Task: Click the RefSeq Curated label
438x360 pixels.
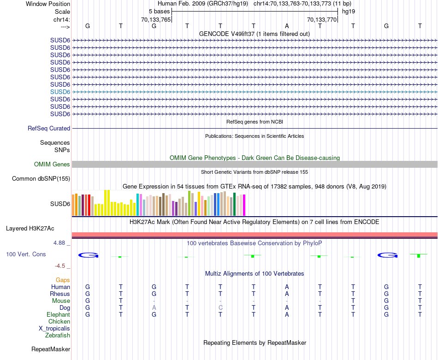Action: (49, 129)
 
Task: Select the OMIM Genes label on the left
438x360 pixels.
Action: (52, 165)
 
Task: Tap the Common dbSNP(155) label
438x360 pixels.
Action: (41, 179)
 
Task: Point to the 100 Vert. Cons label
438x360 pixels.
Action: (26, 254)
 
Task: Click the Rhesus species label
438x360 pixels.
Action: (60, 294)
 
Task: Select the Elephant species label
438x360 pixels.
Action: (58, 315)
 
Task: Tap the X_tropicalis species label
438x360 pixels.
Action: (54, 329)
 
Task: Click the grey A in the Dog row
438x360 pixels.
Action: (154, 308)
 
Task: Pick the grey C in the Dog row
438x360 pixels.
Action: (220, 308)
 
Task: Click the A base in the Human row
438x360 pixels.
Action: (287, 287)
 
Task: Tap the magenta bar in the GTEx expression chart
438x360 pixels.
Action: (244, 205)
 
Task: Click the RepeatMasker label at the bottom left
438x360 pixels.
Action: (51, 349)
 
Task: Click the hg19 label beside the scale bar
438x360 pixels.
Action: (349, 11)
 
